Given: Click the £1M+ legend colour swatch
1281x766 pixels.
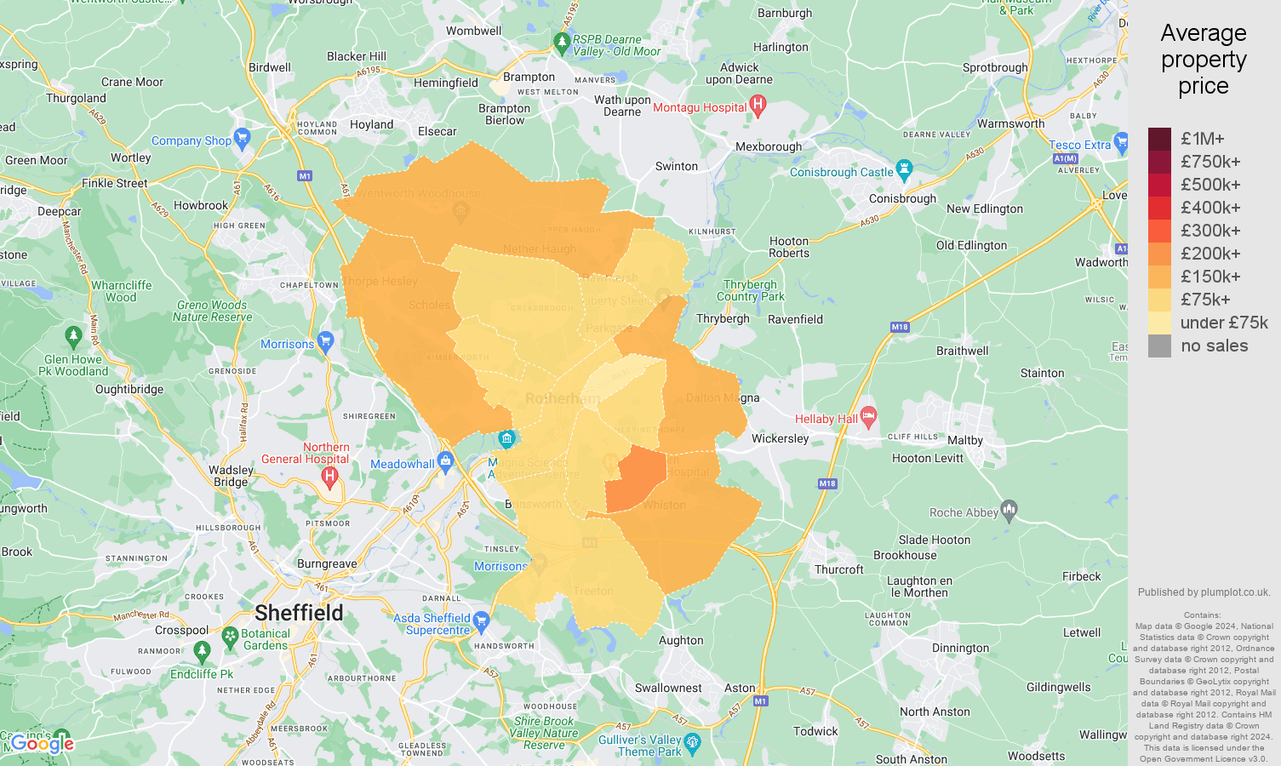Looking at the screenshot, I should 1159,139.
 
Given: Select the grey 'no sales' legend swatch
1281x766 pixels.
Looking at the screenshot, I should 1159,346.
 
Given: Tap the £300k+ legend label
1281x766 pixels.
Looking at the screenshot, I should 1210,231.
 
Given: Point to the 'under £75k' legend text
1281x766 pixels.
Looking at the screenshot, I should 1224,323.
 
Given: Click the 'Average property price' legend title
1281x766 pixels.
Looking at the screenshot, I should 1203,60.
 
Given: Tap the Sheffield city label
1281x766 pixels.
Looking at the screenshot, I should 299,613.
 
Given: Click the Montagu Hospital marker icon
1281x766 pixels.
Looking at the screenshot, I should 758,106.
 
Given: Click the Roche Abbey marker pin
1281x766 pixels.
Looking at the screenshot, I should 1009,511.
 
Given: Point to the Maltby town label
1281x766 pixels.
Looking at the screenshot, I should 964,440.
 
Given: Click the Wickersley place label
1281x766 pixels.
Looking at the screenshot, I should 780,438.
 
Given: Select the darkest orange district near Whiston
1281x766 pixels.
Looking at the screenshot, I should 637,481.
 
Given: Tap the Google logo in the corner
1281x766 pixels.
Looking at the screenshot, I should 43,744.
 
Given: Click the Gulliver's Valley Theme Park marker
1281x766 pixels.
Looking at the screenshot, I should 692,743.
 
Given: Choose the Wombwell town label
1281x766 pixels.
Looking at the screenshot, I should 473,31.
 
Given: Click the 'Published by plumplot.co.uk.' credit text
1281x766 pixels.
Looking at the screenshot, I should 1204,592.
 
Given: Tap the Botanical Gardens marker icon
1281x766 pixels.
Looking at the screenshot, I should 230,636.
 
